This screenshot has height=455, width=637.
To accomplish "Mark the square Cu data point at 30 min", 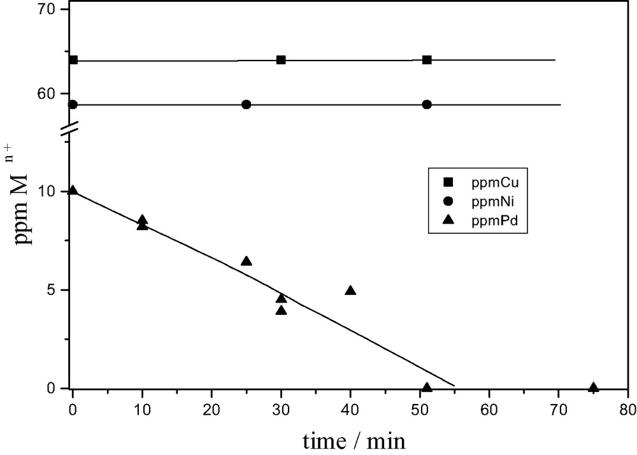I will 281,60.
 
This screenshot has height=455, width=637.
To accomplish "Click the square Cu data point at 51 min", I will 427,60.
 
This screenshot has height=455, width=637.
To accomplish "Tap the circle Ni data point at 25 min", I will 247,105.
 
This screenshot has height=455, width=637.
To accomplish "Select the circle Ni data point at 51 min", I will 427,105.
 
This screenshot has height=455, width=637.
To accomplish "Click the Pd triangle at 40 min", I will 350,291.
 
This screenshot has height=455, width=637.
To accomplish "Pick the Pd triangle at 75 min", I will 594,387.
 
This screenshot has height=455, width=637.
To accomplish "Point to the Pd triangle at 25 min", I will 247,261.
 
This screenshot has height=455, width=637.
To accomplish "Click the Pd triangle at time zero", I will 73,191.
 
